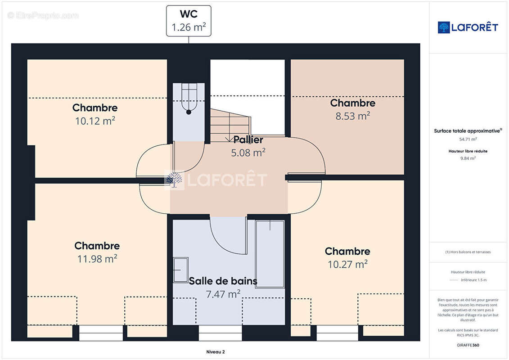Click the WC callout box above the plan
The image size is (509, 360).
point(189,21)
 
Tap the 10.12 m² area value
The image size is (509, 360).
point(95,121)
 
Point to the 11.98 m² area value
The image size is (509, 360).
point(97,259)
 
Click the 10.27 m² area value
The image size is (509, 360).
point(347,264)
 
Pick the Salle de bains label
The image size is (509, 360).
point(223,281)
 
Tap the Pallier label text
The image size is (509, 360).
point(248,139)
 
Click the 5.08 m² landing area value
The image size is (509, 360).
point(248,153)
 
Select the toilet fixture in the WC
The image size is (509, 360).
point(189,102)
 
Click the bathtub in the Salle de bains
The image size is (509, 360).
point(270,254)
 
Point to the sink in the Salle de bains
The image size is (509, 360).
point(181,270)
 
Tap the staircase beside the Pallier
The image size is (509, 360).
point(230,123)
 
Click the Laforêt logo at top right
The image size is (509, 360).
point(468,27)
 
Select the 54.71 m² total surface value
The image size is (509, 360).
point(468,139)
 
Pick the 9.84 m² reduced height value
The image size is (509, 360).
point(468,158)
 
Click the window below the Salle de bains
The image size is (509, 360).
point(220,333)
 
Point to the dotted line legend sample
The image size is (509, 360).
point(454,280)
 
